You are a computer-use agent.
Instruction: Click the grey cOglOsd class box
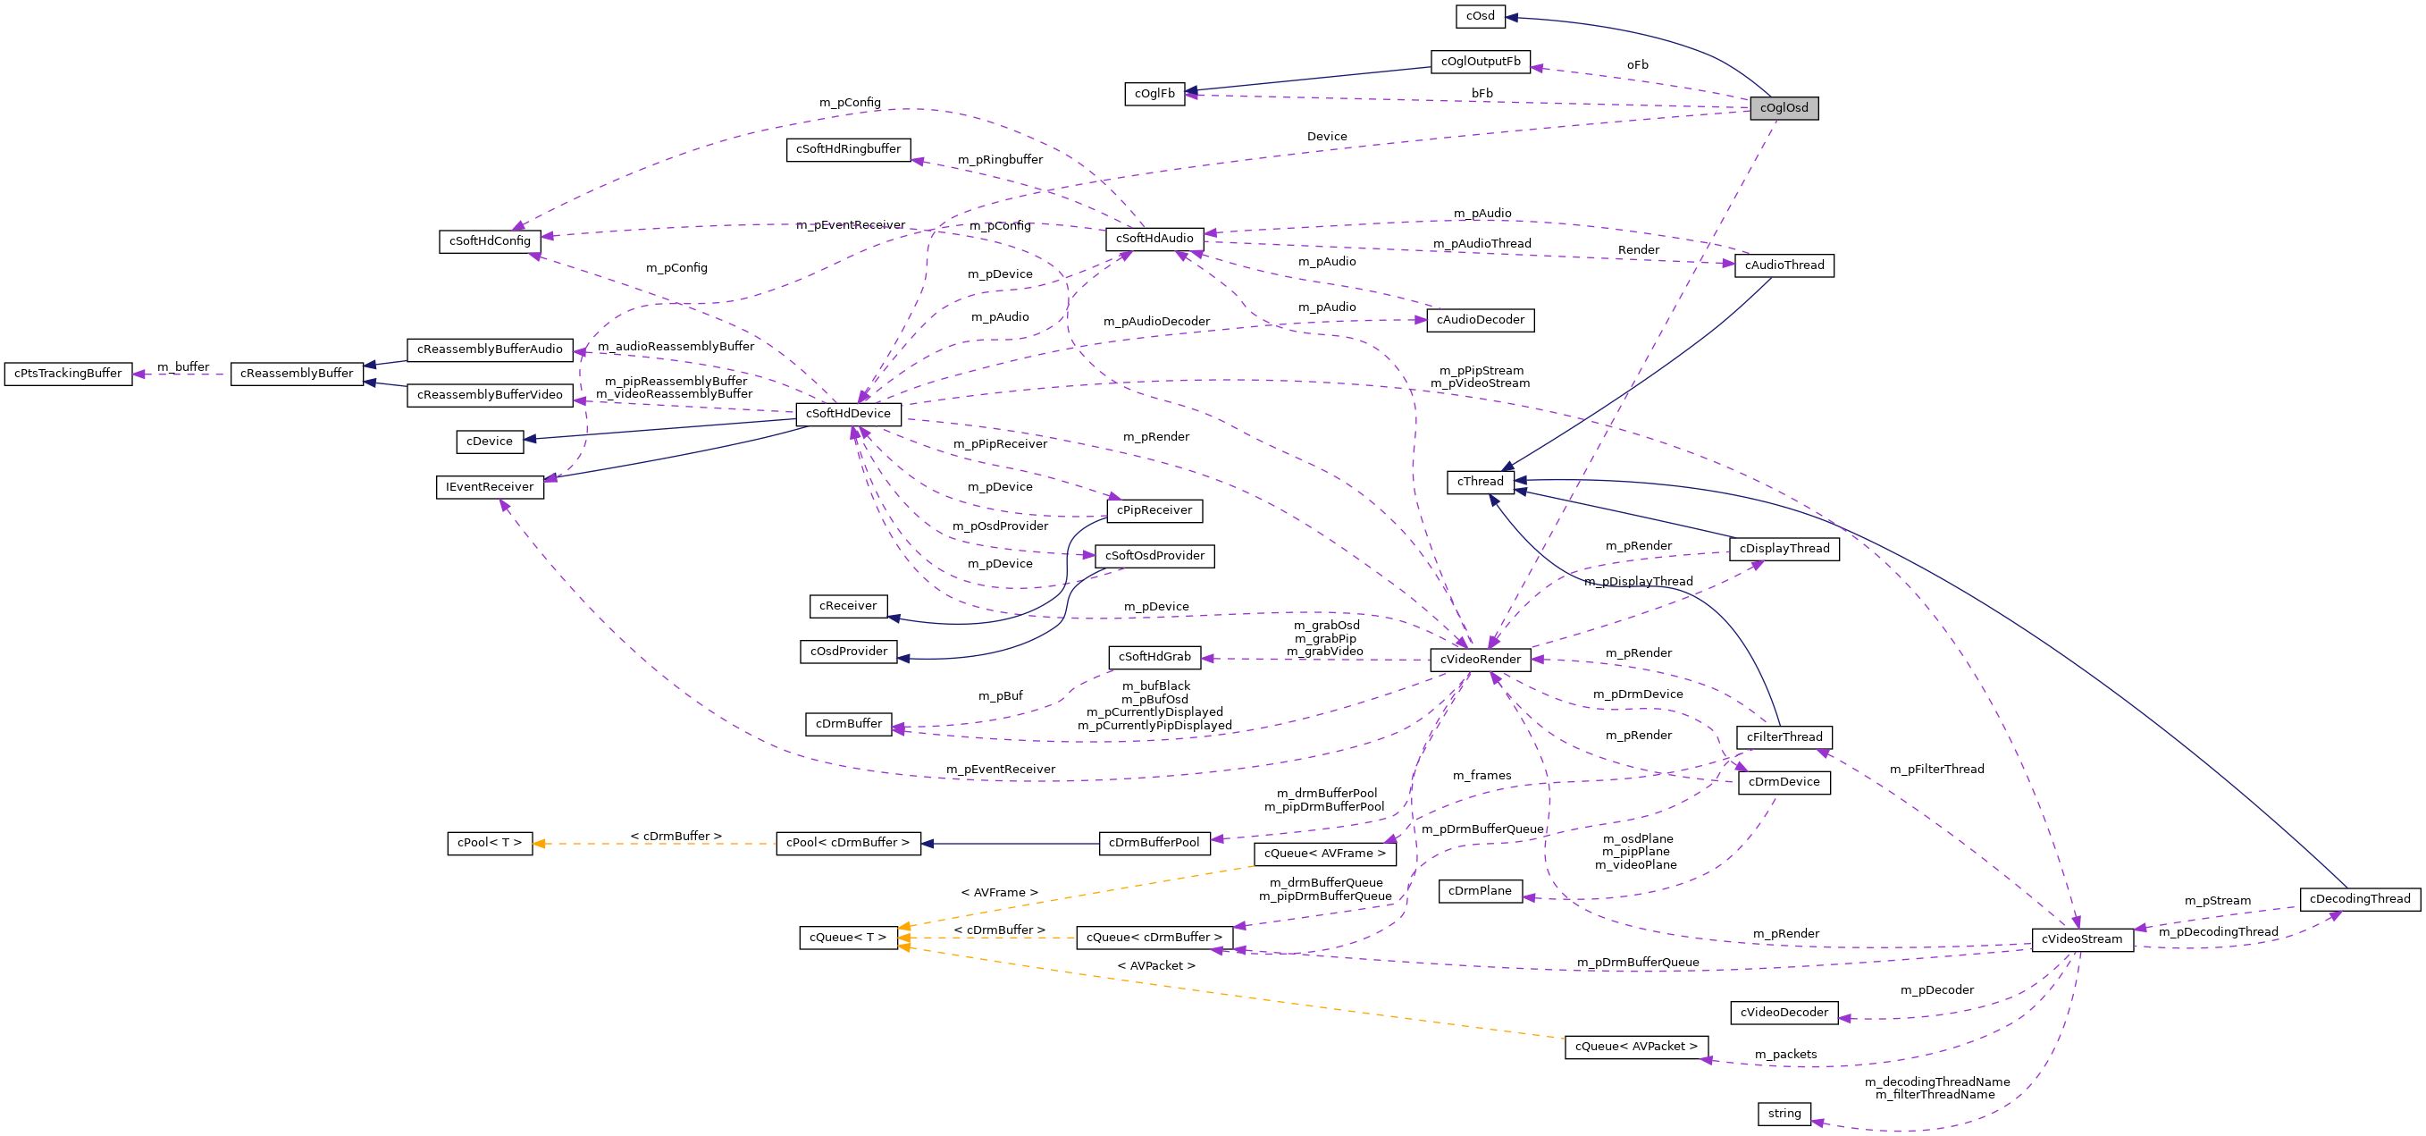pos(1784,108)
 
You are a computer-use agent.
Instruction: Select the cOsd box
pos(1481,16)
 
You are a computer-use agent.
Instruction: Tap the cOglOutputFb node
pos(1481,63)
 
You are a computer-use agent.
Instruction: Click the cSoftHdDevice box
pos(848,414)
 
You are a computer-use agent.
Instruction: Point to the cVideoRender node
pos(1481,660)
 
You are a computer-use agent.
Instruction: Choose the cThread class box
pos(1481,483)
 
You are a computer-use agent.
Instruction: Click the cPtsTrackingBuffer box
pos(68,374)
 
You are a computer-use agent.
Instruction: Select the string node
pos(1784,1114)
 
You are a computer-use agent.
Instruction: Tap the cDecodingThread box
pos(2360,898)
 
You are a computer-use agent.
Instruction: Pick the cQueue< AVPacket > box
pos(1636,1047)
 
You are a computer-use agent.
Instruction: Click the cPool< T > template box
pos(490,843)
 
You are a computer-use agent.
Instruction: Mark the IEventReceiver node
pos(490,487)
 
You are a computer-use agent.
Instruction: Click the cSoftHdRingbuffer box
pos(849,150)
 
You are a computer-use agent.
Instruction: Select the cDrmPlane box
pos(1480,891)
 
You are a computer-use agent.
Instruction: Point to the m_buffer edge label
pos(182,367)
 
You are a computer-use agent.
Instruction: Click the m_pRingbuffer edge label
pos(1000,160)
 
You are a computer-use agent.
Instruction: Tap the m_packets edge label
pos(1785,1054)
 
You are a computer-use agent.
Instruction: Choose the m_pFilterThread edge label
pos(1936,770)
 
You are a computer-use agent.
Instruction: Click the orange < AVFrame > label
pos(999,893)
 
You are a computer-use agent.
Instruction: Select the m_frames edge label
pos(1482,776)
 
